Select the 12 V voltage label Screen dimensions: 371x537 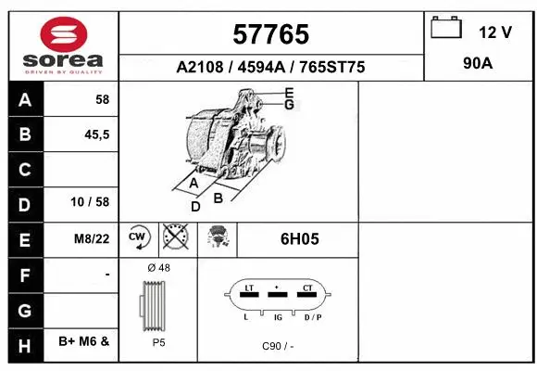click(x=494, y=32)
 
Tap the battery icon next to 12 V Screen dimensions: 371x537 click(x=446, y=28)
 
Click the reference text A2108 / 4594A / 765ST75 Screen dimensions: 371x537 click(x=270, y=68)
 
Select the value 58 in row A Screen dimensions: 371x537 click(x=101, y=99)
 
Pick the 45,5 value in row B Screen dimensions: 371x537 click(x=96, y=134)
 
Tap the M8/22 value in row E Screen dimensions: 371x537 click(x=92, y=238)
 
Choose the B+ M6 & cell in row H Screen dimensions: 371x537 click(x=84, y=341)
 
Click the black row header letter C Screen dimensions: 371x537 click(x=24, y=169)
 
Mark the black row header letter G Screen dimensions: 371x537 click(x=24, y=307)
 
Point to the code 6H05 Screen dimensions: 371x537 click(x=299, y=238)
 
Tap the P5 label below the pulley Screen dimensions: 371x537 click(x=158, y=341)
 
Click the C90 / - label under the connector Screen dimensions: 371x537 click(x=276, y=345)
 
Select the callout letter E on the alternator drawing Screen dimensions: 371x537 click(x=288, y=92)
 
